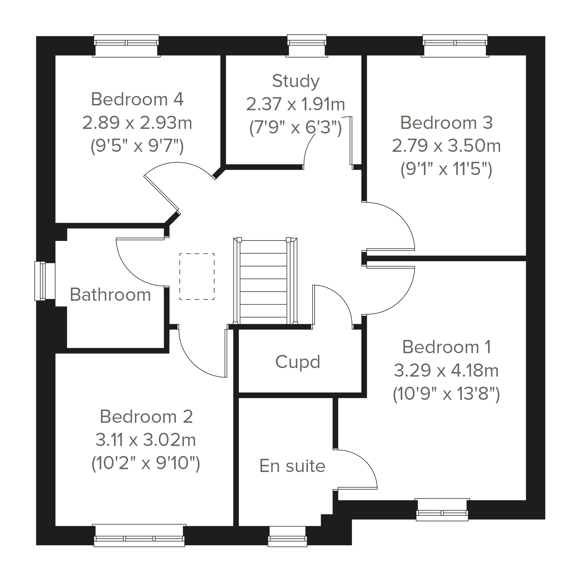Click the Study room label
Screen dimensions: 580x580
point(296,81)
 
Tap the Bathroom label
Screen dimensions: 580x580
point(110,294)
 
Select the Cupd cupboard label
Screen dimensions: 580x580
point(298,362)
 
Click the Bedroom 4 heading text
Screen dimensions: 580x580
point(137,99)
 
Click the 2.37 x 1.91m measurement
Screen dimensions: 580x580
point(296,104)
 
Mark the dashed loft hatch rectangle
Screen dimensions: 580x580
point(197,276)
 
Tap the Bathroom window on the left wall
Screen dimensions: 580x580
point(45,281)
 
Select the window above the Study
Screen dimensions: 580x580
point(306,46)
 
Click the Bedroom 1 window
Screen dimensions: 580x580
point(442,510)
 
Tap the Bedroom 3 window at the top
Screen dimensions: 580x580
point(455,46)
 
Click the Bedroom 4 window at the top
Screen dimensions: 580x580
point(126,46)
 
